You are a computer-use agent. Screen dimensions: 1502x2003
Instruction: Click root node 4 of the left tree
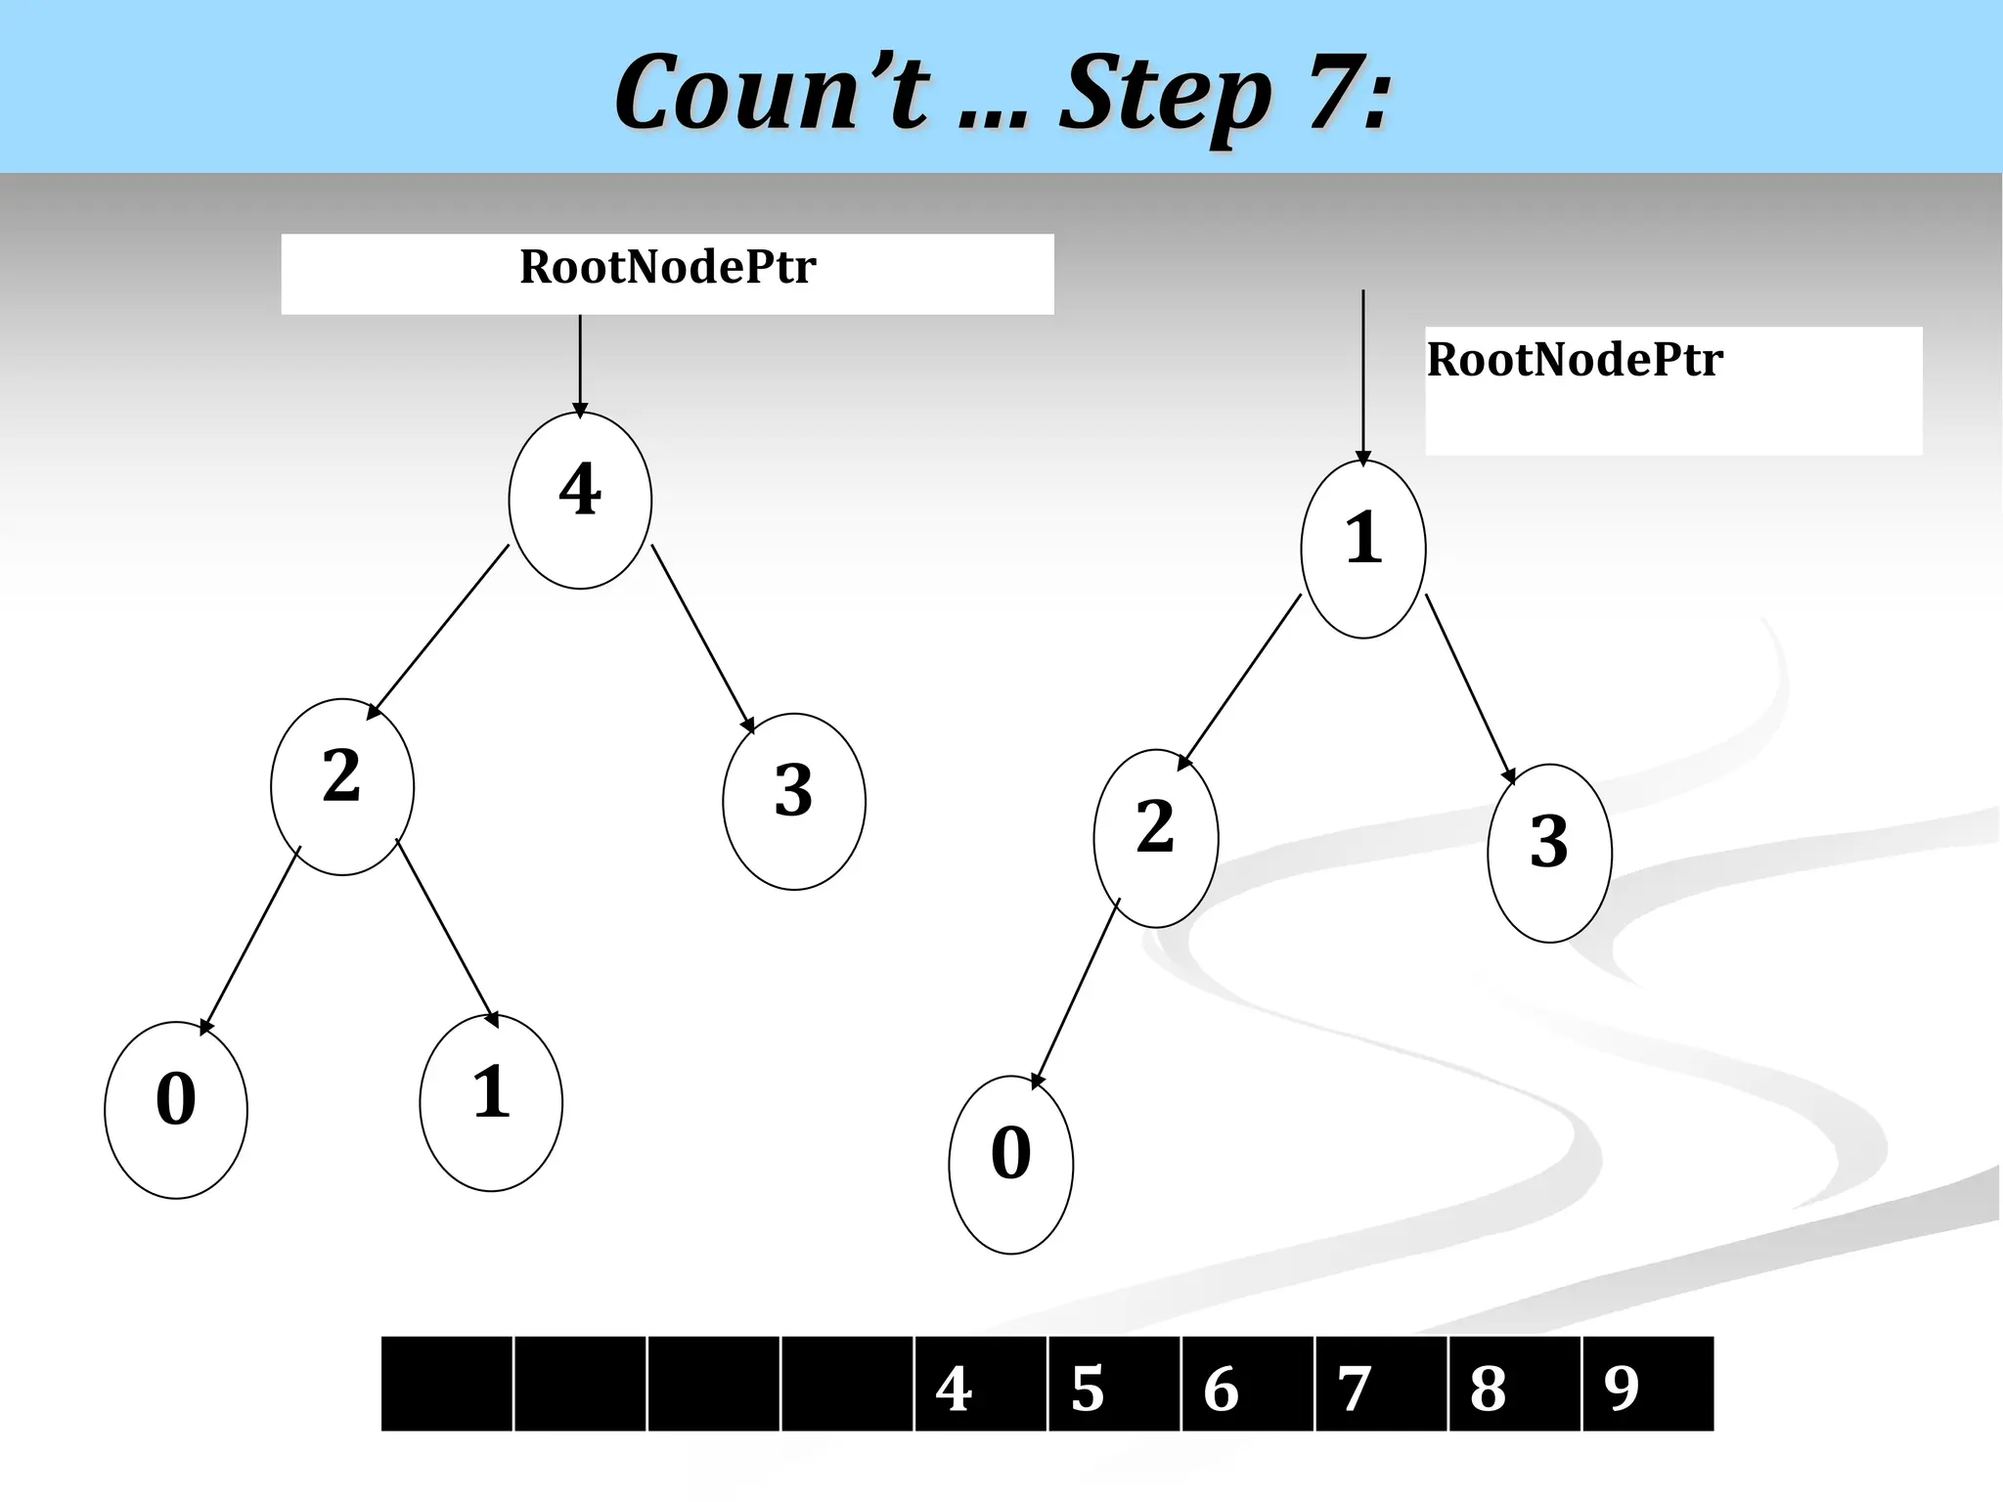pos(580,500)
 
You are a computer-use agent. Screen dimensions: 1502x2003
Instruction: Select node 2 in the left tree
pos(342,786)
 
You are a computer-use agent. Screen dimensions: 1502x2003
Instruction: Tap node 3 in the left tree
pos(794,801)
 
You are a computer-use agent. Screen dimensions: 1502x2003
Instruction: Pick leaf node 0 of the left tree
pos(176,1109)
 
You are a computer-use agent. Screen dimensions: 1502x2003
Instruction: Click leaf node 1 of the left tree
pos(491,1102)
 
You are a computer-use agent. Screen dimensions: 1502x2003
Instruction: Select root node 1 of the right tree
pos(1363,549)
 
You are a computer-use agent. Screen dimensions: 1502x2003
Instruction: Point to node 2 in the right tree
pos(1156,838)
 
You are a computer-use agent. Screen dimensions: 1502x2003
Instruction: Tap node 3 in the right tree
pos(1549,853)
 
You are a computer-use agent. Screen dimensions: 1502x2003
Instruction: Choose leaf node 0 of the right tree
pos(1011,1164)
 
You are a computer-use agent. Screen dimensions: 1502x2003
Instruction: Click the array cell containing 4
pos(980,1384)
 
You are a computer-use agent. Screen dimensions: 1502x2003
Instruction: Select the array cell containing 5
pos(1114,1384)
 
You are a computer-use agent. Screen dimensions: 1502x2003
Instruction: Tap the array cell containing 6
pos(1247,1384)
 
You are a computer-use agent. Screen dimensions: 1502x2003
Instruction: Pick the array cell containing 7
pos(1381,1384)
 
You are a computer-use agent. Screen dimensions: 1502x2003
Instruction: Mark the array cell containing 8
pos(1514,1384)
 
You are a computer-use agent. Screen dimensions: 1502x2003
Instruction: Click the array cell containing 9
pos(1648,1384)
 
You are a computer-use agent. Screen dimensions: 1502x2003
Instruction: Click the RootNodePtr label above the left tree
pos(667,268)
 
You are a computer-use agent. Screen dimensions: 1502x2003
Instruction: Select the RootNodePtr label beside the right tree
pos(1575,360)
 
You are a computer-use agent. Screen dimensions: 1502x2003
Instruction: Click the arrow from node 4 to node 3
pos(702,638)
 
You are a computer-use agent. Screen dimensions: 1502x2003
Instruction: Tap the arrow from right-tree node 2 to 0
pos(1077,992)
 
